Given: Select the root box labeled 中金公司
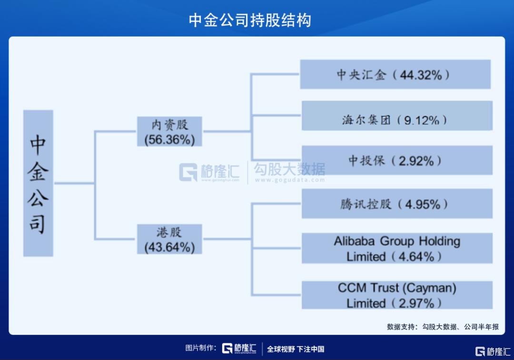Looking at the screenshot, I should pos(38,184).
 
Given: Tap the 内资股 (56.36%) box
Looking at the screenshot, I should pos(169,131).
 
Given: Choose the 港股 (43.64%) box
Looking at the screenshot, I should pos(169,239).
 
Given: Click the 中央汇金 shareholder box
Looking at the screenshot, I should pos(395,75).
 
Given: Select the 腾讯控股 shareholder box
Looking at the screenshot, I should pos(396,204).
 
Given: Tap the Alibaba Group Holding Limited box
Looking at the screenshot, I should pos(396,248).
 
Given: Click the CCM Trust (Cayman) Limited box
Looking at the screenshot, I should pos(396,295).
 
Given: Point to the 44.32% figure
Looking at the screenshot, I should pos(421,75).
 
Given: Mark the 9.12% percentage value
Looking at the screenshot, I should pos(421,120).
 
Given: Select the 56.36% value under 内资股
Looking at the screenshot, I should pos(169,140).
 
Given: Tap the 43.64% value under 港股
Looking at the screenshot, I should pos(169,247).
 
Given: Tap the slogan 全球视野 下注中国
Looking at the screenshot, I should pos(296,349).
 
